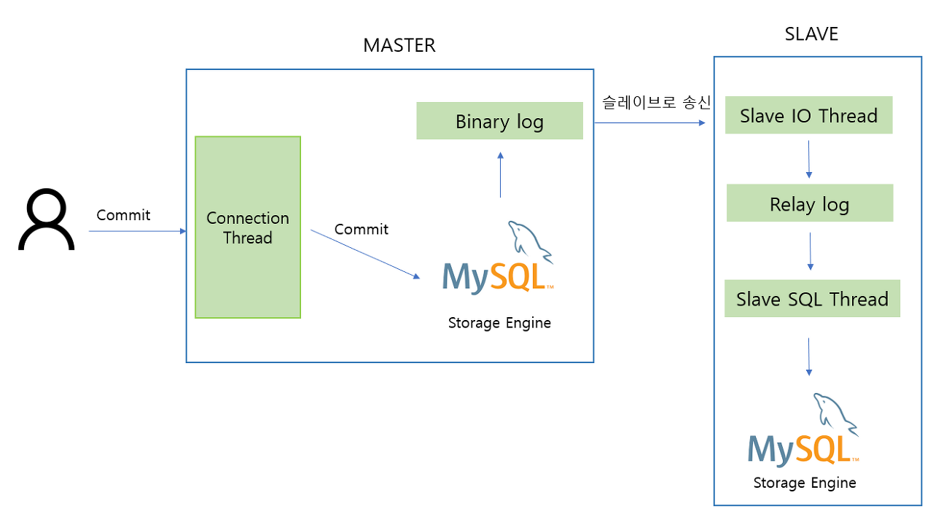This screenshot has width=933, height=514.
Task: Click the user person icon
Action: [47, 220]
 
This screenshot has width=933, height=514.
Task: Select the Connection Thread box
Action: [248, 227]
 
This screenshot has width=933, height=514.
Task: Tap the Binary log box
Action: [499, 121]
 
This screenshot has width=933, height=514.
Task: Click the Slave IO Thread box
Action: [808, 116]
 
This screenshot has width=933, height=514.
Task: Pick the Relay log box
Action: [809, 203]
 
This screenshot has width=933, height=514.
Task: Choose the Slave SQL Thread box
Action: [812, 299]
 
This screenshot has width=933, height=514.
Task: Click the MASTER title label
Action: [399, 45]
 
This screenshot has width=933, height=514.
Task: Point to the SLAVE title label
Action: [811, 34]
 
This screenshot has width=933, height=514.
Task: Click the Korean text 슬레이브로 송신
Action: [656, 103]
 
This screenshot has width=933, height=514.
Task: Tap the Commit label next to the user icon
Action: [123, 215]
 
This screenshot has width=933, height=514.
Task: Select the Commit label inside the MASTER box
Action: [361, 229]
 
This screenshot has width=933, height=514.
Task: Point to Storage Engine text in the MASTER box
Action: [499, 323]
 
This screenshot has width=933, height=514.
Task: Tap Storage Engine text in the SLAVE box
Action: [805, 483]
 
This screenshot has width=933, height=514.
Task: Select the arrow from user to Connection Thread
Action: [137, 231]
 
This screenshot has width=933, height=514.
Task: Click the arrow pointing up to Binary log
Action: [500, 175]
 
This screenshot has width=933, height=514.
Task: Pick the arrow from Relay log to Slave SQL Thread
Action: [811, 252]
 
